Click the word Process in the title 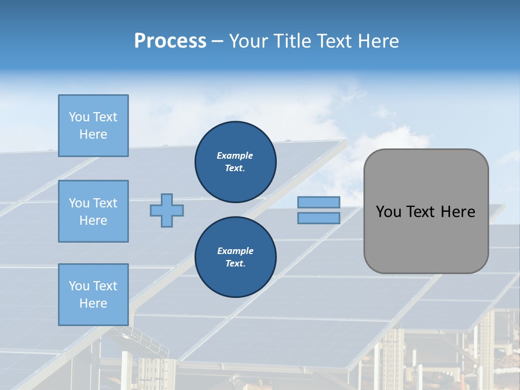[170, 41]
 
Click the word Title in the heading [290, 41]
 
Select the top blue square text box [93, 126]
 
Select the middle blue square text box [93, 211]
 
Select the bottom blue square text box [93, 295]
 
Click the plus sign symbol [167, 210]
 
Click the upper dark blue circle [235, 161]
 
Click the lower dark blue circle [235, 257]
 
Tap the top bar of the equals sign [318, 202]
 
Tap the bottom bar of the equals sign [318, 218]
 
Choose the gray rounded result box [426, 211]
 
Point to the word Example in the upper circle [235, 155]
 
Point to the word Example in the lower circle [235, 251]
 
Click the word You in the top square [79, 117]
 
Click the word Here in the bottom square [93, 303]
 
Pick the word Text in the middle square [105, 203]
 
